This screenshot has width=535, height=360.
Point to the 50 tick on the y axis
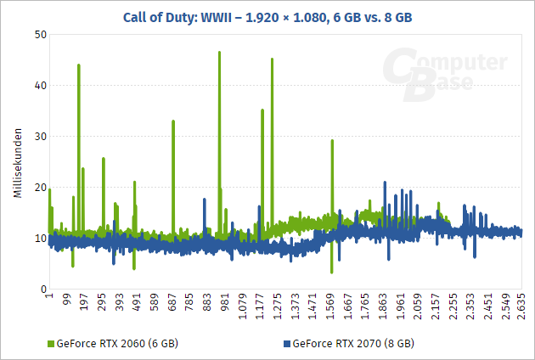click(40, 34)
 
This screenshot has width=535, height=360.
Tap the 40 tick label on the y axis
click(40, 85)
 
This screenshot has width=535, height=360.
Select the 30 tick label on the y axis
click(40, 136)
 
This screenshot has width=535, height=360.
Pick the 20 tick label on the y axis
click(40, 187)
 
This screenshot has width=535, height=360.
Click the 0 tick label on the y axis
click(42, 289)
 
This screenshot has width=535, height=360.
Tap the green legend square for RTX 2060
click(49, 344)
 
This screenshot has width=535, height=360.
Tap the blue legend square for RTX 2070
click(285, 344)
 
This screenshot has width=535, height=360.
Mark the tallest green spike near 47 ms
click(219, 53)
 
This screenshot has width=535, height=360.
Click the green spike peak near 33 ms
click(173, 121)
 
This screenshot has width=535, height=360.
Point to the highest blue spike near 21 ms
click(385, 183)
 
